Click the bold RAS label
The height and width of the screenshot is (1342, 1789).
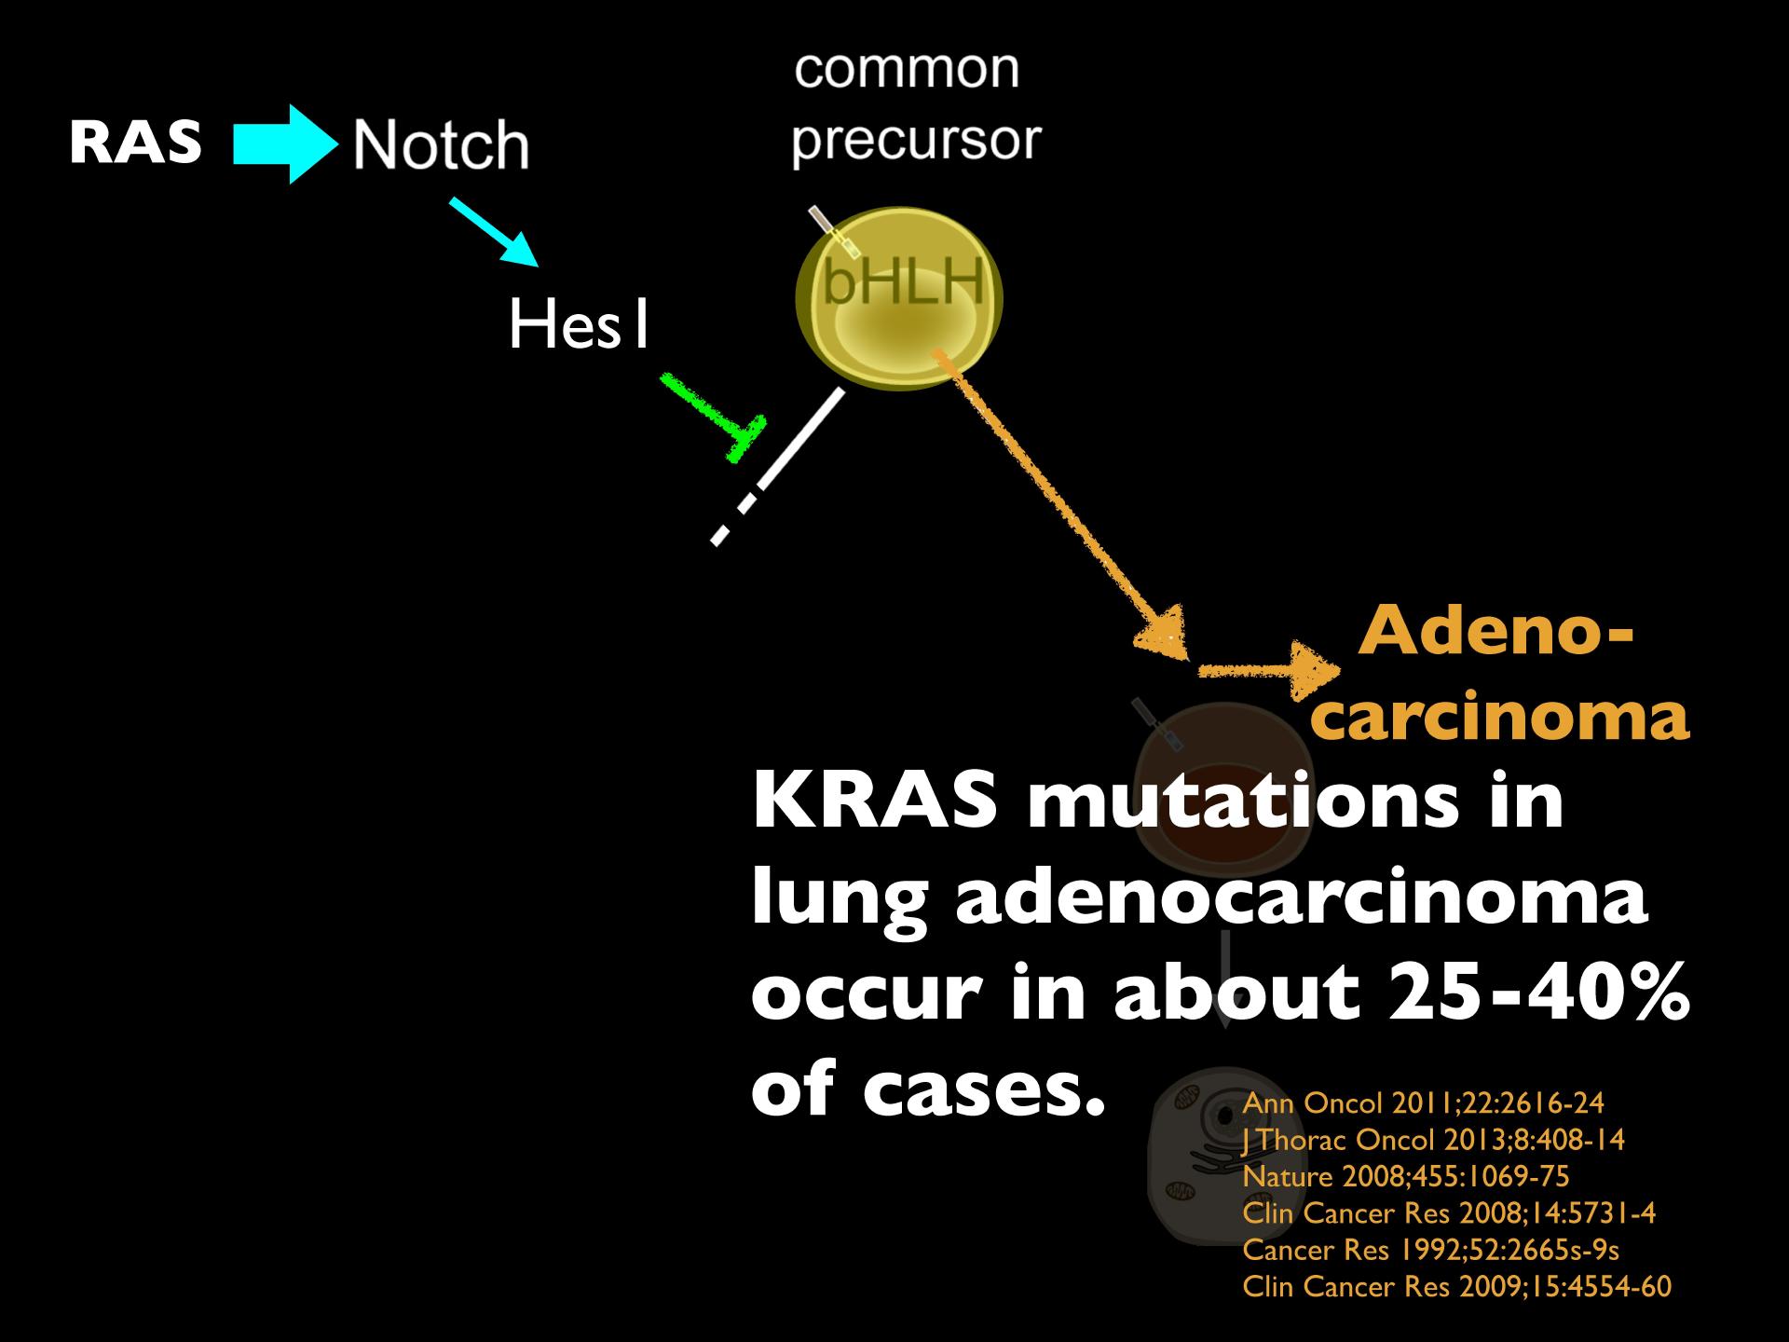[x=136, y=144]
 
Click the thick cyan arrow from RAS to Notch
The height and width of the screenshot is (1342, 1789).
[x=285, y=144]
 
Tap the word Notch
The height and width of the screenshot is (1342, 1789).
[x=441, y=145]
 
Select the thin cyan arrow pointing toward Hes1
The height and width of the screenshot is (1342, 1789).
[x=495, y=232]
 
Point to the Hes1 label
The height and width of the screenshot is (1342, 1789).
[x=578, y=326]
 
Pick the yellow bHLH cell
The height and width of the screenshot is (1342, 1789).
[x=899, y=298]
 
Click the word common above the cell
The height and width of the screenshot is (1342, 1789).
[x=907, y=69]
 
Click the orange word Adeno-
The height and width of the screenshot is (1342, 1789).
[x=1496, y=632]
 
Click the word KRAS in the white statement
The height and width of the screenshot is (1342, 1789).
[x=876, y=801]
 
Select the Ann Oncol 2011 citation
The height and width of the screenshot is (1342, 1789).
[x=1424, y=1103]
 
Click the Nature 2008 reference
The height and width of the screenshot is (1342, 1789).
[x=1406, y=1176]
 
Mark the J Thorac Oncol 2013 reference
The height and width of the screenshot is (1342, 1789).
[x=1434, y=1140]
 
